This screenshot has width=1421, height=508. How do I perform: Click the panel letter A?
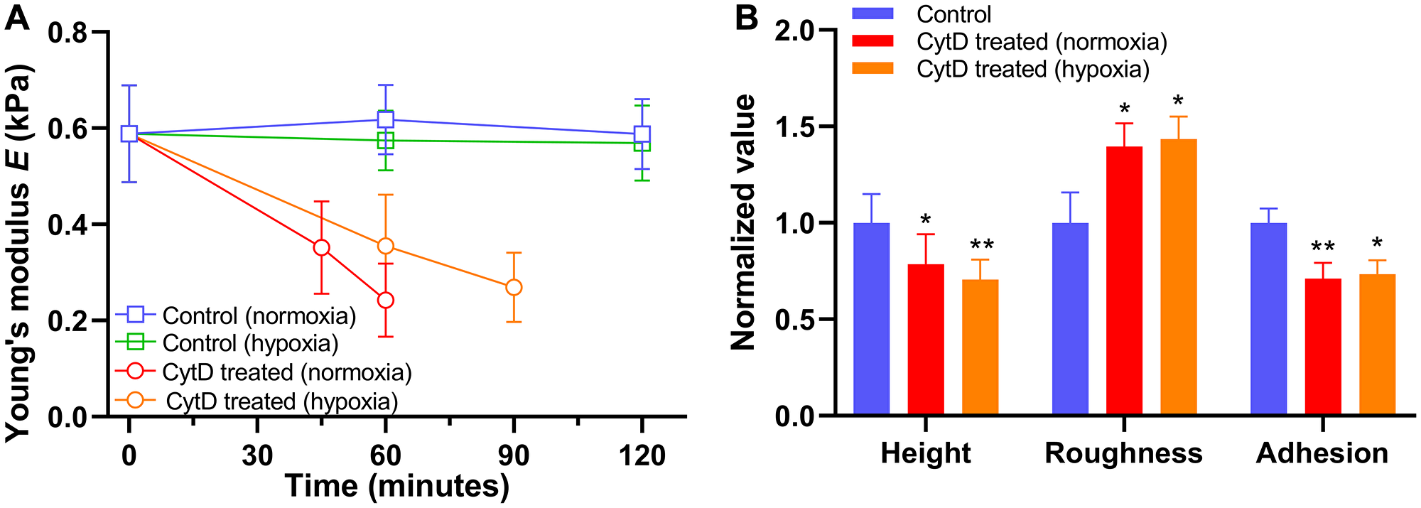pyautogui.click(x=17, y=17)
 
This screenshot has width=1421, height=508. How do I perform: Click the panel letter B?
pyautogui.click(x=746, y=17)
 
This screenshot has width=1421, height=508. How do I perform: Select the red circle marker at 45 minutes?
pyautogui.click(x=321, y=247)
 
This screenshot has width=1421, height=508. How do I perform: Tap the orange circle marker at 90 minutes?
pyautogui.click(x=514, y=287)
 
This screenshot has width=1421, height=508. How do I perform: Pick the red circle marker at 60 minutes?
pyautogui.click(x=385, y=300)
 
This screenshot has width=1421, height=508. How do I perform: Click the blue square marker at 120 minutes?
pyautogui.click(x=642, y=134)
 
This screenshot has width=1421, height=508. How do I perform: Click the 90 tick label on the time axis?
pyautogui.click(x=514, y=455)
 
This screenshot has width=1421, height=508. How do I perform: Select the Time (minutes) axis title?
pyautogui.click(x=397, y=487)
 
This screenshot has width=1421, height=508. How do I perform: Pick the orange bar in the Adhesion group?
pyautogui.click(x=1377, y=344)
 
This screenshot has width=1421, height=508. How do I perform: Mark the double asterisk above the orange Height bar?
pyautogui.click(x=981, y=246)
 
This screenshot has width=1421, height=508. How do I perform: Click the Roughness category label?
pyautogui.click(x=1123, y=453)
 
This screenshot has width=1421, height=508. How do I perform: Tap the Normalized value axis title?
pyautogui.click(x=744, y=222)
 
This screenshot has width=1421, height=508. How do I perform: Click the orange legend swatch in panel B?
pyautogui.click(x=872, y=68)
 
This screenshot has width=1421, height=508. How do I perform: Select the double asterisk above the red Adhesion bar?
pyautogui.click(x=1322, y=247)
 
